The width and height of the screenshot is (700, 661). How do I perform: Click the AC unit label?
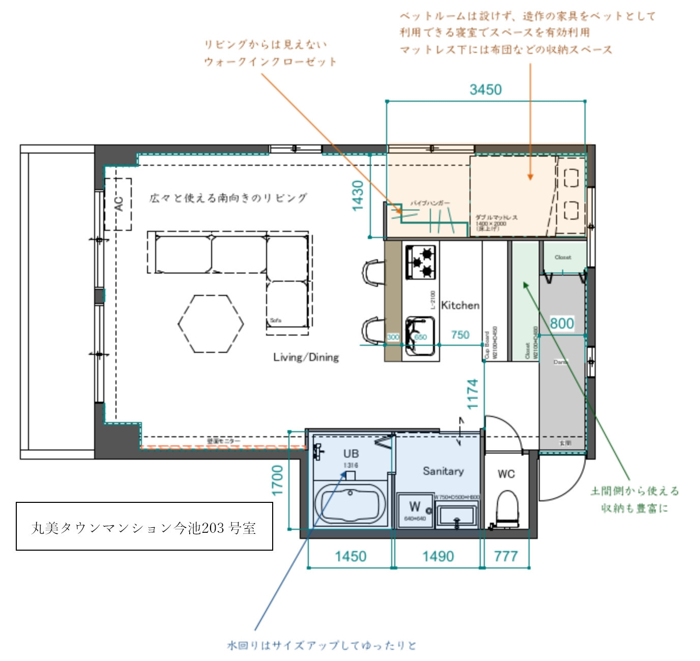click(x=119, y=204)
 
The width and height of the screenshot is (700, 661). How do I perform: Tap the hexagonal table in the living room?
click(x=211, y=324)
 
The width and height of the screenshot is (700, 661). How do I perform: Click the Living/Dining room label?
click(x=306, y=357)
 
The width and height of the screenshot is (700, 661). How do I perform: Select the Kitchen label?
click(x=460, y=306)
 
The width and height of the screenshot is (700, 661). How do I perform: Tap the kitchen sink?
click(x=420, y=336)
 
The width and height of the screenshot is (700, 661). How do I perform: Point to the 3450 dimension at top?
click(x=485, y=90)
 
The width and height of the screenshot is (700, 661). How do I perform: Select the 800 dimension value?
click(x=562, y=323)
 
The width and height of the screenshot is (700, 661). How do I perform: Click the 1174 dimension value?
click(x=473, y=394)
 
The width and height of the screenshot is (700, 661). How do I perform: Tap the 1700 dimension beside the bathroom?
click(x=277, y=480)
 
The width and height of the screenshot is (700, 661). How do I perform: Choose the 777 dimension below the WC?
click(x=506, y=556)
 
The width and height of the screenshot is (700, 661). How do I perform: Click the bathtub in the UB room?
click(x=350, y=503)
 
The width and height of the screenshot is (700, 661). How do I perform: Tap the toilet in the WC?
click(x=507, y=506)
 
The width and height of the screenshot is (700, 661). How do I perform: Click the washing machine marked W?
click(x=415, y=509)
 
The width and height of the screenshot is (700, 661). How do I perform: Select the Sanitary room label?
click(x=443, y=471)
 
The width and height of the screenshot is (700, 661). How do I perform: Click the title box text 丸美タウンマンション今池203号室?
click(x=144, y=528)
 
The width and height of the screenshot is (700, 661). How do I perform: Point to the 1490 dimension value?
click(x=437, y=556)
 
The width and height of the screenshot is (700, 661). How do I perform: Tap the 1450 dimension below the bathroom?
click(x=351, y=556)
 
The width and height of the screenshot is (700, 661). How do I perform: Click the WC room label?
click(x=506, y=474)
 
